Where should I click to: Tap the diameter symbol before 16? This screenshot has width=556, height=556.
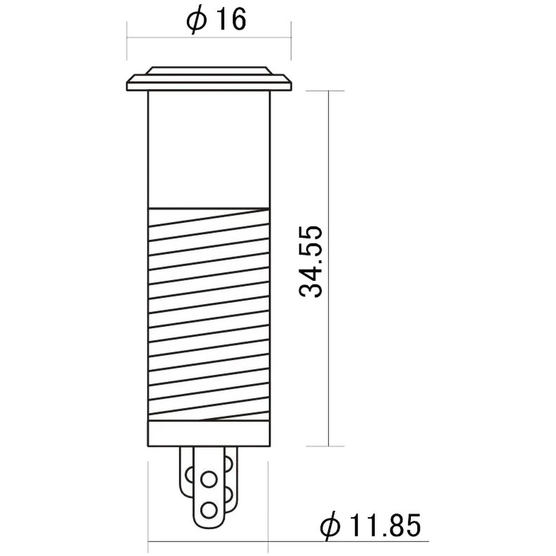[x=197, y=21]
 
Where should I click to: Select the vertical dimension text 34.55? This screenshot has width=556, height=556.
[x=311, y=260]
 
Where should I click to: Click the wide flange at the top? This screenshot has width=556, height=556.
[x=208, y=83]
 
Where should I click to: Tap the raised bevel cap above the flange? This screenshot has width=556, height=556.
[x=208, y=71]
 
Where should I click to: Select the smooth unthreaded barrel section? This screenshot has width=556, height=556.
[x=208, y=149]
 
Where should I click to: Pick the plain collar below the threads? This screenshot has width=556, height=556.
[x=208, y=433]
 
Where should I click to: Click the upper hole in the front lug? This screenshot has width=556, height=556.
[x=208, y=480]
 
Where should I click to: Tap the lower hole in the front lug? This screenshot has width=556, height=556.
[x=208, y=510]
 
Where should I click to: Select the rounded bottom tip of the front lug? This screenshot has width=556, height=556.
[x=208, y=528]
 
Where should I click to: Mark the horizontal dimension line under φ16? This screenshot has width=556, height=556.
[x=208, y=37]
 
